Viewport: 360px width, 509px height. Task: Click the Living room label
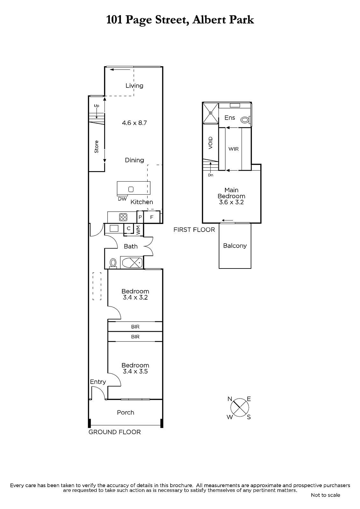134,86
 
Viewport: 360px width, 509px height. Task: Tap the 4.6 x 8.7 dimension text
134,123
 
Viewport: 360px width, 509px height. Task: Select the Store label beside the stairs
96,147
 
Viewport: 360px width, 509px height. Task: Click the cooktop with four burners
123,217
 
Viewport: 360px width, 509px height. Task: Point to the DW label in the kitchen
122,199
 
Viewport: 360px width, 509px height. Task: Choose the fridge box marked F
152,217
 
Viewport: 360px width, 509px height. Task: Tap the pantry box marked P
140,217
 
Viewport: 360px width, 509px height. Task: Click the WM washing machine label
138,229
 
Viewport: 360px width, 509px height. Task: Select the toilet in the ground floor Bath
113,263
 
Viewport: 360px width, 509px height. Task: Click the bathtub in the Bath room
132,263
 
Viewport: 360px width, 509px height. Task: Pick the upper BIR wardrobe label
135,327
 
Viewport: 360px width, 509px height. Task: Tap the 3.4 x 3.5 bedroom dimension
135,371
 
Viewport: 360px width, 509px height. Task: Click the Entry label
98,382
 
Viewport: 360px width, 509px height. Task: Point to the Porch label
125,412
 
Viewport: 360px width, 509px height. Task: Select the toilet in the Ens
246,119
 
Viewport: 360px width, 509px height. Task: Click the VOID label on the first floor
210,143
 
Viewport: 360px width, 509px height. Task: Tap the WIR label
234,149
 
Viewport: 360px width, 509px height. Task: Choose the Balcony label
235,246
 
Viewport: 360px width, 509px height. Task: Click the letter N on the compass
230,399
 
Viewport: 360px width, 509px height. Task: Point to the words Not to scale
325,495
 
